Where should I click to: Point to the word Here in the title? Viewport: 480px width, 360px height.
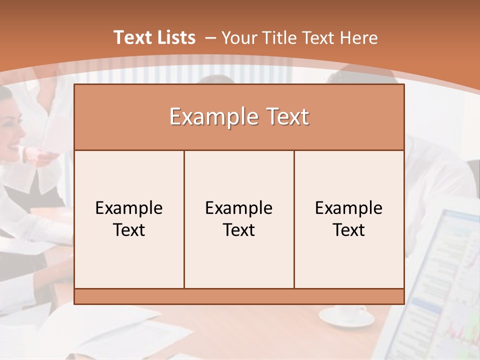pyautogui.click(x=358, y=38)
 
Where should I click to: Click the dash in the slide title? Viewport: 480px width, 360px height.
pyautogui.click(x=210, y=38)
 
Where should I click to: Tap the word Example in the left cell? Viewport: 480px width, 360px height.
pyautogui.click(x=129, y=208)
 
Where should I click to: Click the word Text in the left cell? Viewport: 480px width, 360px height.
pyautogui.click(x=129, y=230)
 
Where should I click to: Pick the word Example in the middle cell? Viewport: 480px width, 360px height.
pyautogui.click(x=239, y=208)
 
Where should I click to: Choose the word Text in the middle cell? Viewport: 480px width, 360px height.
pyautogui.click(x=239, y=230)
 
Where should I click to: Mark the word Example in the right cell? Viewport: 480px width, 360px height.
pyautogui.click(x=349, y=208)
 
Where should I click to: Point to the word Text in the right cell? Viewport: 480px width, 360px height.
pyautogui.click(x=349, y=230)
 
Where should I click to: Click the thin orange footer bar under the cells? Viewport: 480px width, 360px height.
pyautogui.click(x=239, y=296)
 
